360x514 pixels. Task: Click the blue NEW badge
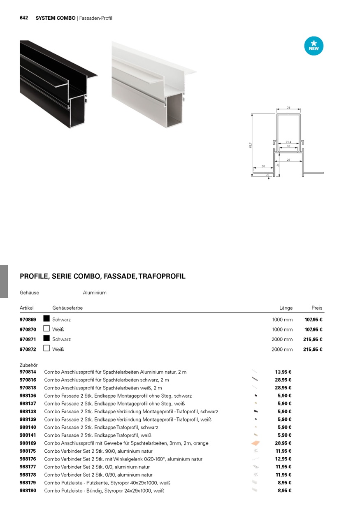click(314, 46)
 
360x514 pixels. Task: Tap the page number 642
click(24, 18)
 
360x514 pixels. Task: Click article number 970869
click(28, 320)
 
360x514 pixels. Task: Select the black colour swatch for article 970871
click(46, 338)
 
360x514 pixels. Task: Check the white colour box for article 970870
click(46, 329)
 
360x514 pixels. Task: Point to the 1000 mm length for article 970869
click(282, 320)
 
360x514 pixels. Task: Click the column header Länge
click(286, 308)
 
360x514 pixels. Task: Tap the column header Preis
click(317, 308)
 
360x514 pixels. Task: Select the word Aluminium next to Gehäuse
click(95, 293)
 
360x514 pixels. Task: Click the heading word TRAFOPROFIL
click(162, 276)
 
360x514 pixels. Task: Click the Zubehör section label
click(29, 365)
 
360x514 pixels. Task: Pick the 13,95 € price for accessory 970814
click(283, 372)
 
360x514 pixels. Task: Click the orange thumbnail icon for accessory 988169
click(255, 443)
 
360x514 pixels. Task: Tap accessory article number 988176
click(28, 459)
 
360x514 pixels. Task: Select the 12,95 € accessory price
click(283, 459)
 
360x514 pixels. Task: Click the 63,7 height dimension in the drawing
click(250, 146)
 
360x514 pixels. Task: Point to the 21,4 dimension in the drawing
click(288, 142)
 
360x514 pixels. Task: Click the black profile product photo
click(58, 84)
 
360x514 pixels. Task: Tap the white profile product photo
click(152, 84)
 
